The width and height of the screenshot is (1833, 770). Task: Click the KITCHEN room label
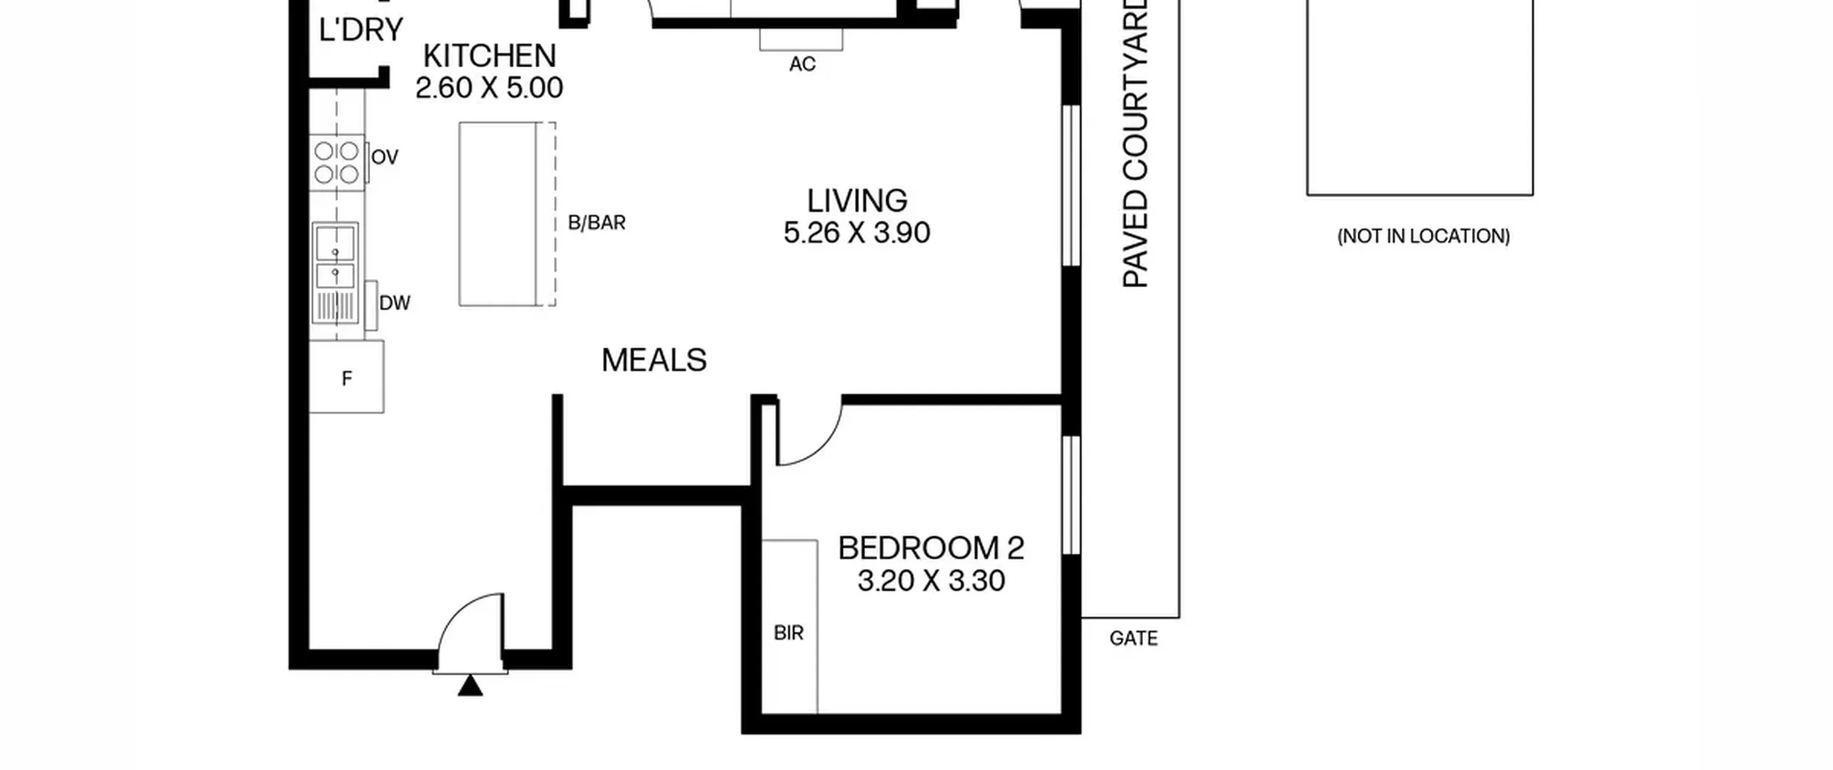coord(489,56)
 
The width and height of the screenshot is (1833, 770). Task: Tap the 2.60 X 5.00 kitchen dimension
coord(489,88)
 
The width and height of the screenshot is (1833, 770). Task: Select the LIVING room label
coord(857,201)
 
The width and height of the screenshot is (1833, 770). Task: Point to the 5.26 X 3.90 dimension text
coord(857,233)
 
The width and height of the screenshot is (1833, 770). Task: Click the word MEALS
coord(654,360)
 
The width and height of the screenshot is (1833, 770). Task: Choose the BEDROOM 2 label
coord(931,548)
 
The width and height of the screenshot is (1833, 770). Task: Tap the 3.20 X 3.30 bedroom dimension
coord(931,580)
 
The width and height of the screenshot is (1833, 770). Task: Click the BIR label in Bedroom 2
coord(788,632)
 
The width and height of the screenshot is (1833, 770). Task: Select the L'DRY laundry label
coord(361,30)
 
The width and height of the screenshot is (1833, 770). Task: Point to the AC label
coord(802,64)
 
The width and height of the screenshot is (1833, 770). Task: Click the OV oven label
coord(385,157)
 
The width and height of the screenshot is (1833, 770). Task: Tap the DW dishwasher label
coord(395,303)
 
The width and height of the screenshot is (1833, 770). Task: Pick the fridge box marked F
coord(347,377)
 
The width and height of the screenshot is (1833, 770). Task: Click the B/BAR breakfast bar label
coord(596,223)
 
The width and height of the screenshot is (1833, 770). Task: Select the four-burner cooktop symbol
coord(337,163)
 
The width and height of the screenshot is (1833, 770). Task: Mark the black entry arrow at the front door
coord(470,685)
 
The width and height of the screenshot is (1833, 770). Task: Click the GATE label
coord(1133,638)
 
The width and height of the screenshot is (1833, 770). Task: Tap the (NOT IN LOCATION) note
coord(1423,236)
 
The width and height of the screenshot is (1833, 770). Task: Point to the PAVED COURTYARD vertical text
coord(1136,143)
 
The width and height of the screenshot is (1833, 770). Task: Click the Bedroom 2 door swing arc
coord(826,448)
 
